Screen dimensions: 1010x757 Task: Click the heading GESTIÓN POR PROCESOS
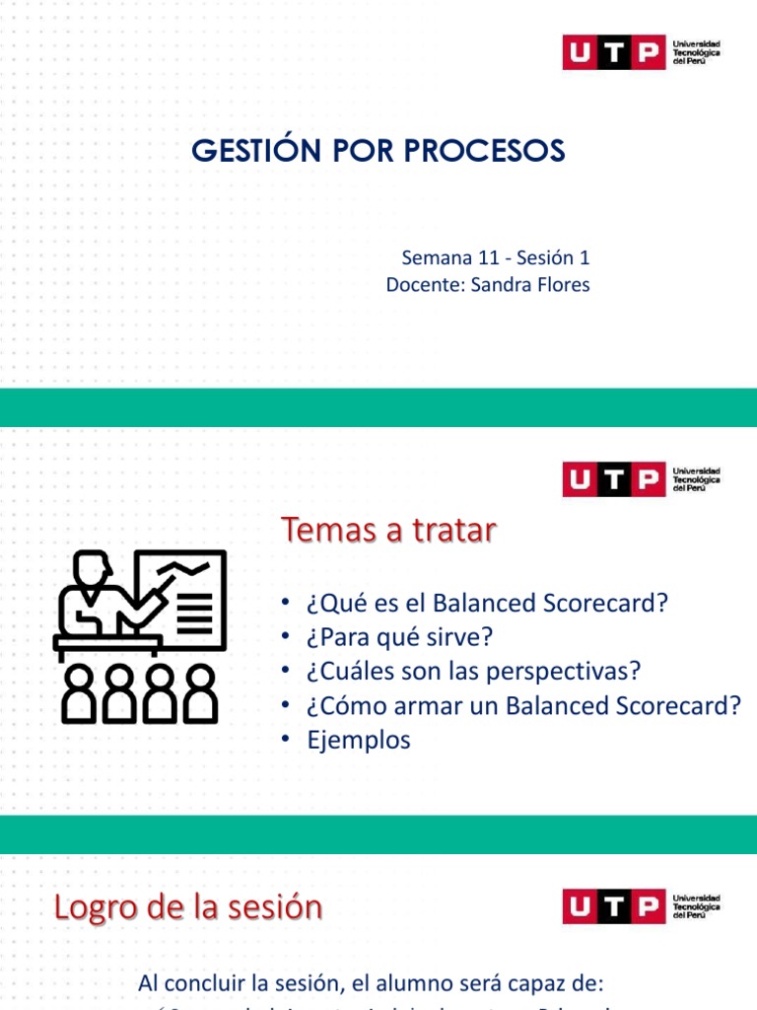378,151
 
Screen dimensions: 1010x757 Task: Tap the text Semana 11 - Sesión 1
495,258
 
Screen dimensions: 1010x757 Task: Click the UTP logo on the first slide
642,52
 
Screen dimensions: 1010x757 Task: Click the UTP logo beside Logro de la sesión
642,906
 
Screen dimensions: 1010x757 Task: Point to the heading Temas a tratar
388,531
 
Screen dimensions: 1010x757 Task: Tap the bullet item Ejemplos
358,740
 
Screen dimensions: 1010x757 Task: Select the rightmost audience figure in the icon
202,692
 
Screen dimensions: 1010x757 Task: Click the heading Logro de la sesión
187,907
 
